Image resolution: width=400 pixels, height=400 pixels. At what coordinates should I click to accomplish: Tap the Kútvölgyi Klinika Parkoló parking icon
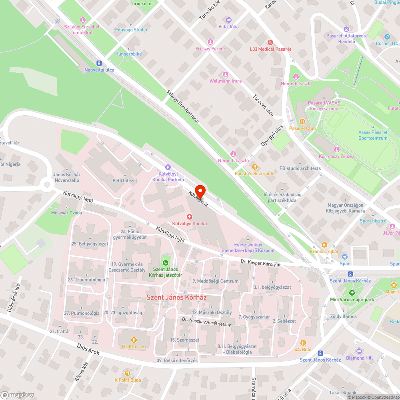point(168,168)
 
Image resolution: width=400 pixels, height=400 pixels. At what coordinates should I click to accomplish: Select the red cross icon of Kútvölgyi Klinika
point(190,216)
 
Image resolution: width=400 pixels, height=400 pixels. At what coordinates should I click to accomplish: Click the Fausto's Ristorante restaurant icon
point(254,166)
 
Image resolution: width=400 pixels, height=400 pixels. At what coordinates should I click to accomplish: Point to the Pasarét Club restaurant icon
point(302,121)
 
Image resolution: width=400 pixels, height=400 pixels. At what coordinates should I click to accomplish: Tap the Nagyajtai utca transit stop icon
point(99,63)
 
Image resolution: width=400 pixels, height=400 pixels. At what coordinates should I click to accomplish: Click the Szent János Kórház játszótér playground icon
point(165,262)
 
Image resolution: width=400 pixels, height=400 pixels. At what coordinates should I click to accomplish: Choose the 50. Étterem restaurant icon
point(134,340)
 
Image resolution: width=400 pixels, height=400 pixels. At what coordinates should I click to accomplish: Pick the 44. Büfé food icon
point(303,342)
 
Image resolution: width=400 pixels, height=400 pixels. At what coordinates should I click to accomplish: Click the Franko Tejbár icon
point(324,244)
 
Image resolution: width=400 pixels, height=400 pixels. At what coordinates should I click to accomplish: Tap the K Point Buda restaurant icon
point(128,373)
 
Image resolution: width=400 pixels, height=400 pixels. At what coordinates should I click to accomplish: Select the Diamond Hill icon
point(359,351)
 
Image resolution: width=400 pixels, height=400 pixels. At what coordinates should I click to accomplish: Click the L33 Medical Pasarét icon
point(270,42)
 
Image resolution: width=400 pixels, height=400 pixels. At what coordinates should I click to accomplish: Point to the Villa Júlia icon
point(228,20)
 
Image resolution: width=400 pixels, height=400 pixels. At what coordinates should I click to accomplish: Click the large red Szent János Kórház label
point(170,297)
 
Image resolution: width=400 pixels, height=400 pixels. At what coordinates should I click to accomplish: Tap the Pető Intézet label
point(125,181)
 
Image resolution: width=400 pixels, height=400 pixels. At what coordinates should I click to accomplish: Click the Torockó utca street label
point(263,105)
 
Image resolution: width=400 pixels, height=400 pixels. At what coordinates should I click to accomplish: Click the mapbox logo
point(18,395)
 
